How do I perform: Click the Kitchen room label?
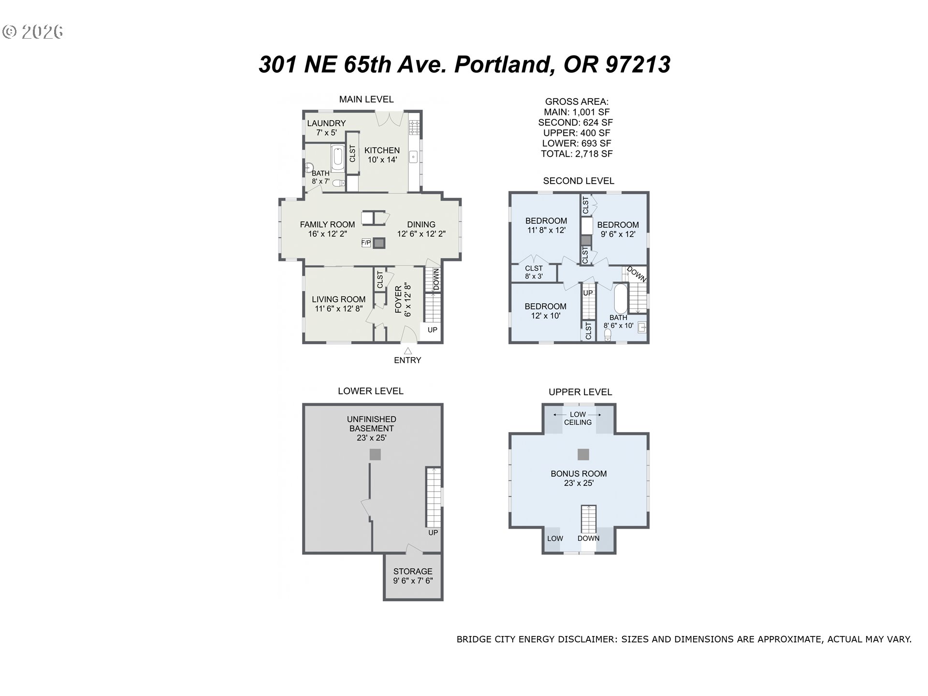[x=382, y=155]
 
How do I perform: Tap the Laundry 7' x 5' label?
[x=326, y=128]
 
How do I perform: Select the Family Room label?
[x=327, y=229]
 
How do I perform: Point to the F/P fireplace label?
[x=366, y=243]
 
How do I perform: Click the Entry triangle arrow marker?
[x=408, y=351]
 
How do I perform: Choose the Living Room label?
[x=338, y=304]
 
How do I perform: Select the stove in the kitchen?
[x=414, y=127]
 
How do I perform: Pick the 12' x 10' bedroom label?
[x=545, y=311]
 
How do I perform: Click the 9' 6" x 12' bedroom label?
[x=618, y=229]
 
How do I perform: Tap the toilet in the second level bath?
[x=608, y=335]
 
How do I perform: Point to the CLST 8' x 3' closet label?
[x=534, y=272]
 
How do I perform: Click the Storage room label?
[x=413, y=576]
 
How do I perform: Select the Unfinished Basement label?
[x=371, y=428]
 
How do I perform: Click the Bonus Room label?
[x=579, y=478]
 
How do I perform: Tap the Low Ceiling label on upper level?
[x=578, y=418]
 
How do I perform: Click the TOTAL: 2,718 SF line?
[x=577, y=154]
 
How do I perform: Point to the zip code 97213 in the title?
[x=638, y=64]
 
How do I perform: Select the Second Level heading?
[x=579, y=181]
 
